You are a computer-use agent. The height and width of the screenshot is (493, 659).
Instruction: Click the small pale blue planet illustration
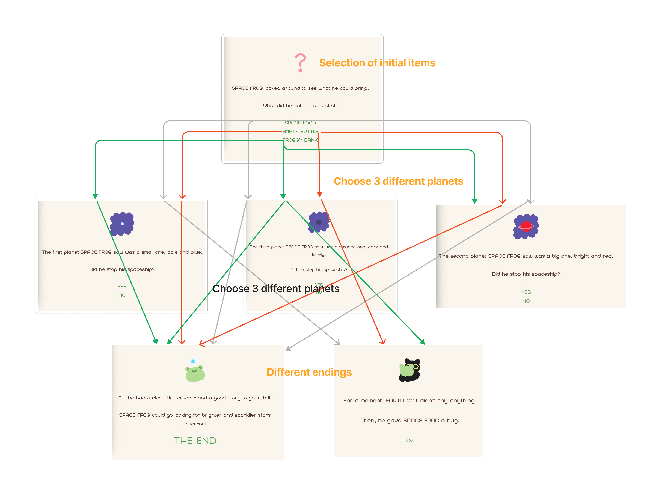tap(122, 224)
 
